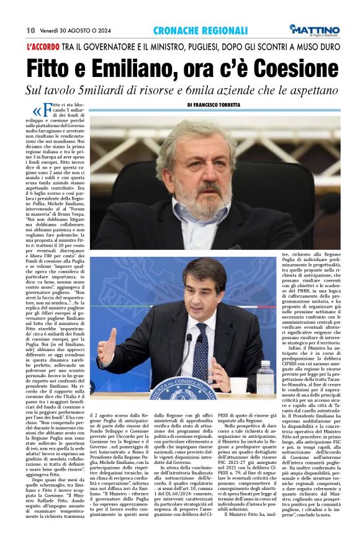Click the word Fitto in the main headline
pyautogui.click(x=55, y=67)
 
